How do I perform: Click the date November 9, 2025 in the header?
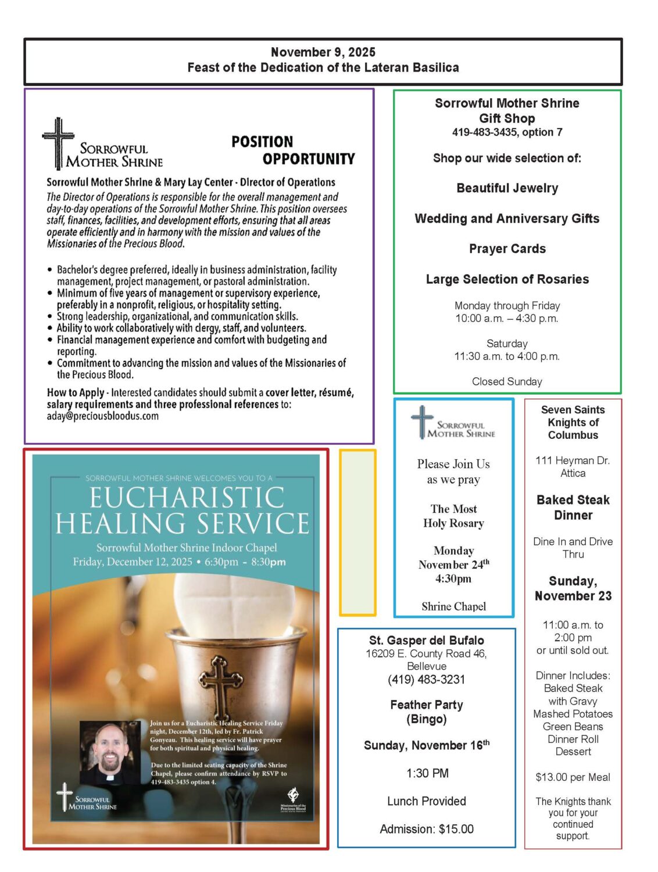point(323,52)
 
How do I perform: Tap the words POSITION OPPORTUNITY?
point(293,151)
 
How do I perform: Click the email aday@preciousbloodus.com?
point(102,416)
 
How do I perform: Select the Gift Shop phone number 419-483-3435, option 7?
point(507,133)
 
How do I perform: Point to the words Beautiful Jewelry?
point(507,188)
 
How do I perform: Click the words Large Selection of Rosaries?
point(507,280)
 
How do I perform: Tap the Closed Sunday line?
point(507,382)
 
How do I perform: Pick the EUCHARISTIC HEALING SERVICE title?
point(183,510)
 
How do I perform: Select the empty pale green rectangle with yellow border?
point(357,533)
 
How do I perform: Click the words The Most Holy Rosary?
point(453,516)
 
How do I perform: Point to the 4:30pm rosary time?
point(453,579)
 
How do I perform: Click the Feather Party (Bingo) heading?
point(427,712)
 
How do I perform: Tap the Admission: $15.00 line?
point(427,830)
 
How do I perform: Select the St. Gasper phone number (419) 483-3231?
point(427,680)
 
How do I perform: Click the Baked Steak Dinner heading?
point(573,508)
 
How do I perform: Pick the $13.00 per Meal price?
point(573,778)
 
